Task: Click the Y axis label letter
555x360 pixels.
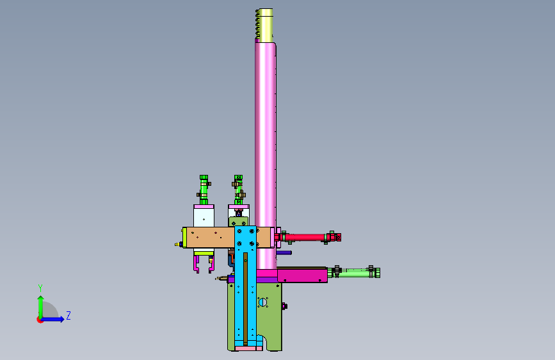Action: (x=40, y=288)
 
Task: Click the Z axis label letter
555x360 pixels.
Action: (x=68, y=316)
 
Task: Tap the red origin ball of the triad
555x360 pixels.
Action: (x=40, y=320)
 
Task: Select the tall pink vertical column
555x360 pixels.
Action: (x=266, y=155)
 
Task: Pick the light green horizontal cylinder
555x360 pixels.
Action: (x=354, y=272)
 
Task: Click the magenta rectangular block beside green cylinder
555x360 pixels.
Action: (x=302, y=275)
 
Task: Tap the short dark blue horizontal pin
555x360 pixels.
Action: (x=284, y=252)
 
